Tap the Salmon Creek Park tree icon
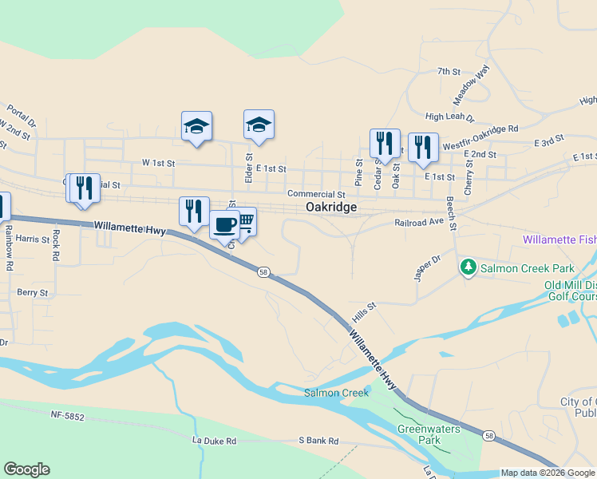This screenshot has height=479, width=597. [470, 268]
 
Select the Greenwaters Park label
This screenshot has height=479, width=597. [430, 433]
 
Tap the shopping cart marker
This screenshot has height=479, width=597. [244, 221]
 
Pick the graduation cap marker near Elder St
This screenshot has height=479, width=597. [259, 125]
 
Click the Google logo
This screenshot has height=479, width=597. [26, 469]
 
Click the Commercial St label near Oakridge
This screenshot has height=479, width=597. [316, 194]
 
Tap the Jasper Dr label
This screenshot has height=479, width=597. [428, 267]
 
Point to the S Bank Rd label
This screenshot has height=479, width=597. [318, 441]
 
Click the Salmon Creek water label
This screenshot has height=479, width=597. [336, 392]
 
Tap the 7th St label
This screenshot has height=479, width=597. [449, 72]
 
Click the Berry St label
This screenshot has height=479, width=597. [33, 293]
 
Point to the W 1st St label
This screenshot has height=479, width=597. [158, 162]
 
